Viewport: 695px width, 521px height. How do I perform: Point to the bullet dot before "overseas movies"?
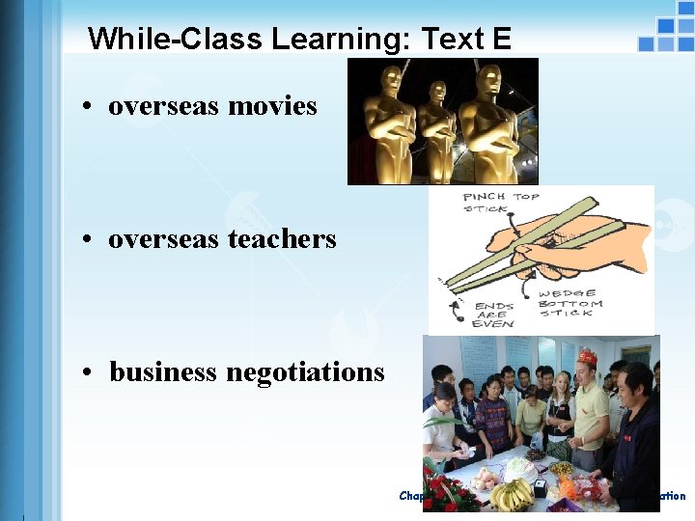pyautogui.click(x=87, y=107)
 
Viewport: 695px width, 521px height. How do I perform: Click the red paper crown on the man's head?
pyautogui.click(x=587, y=358)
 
